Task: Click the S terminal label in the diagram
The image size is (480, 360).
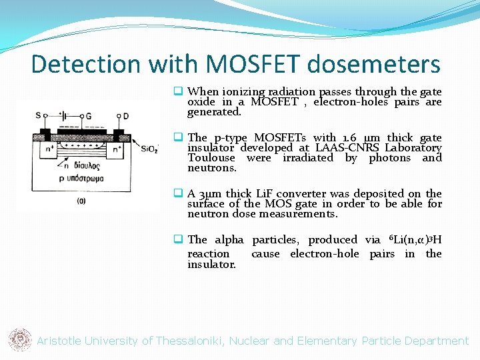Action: pos(37,116)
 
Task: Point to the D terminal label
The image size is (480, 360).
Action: pos(125,116)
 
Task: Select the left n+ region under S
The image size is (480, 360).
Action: pos(49,149)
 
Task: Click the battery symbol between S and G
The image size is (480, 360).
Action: pos(64,116)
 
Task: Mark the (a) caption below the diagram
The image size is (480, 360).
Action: pos(81,200)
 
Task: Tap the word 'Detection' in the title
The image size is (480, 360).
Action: pos(87,64)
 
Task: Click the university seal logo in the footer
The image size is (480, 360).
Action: pos(19,340)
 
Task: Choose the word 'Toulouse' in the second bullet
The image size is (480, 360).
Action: pos(211,158)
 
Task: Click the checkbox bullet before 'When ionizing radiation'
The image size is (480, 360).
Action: pos(179,91)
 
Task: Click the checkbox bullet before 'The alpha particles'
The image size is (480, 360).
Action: pos(179,239)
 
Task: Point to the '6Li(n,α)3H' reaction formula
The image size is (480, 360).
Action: pos(413,239)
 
